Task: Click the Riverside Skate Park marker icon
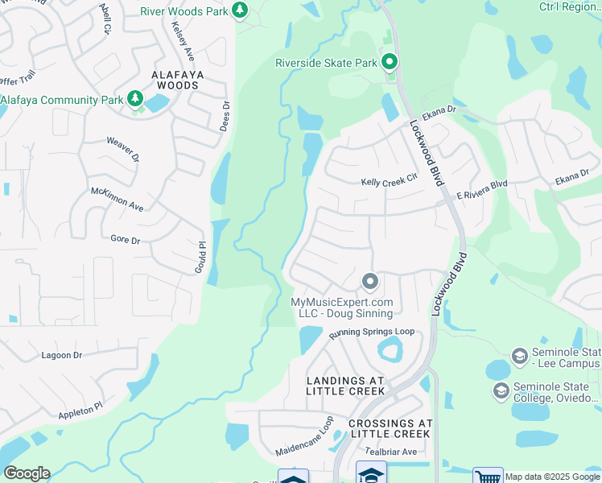(x=390, y=62)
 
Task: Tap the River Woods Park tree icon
(x=239, y=10)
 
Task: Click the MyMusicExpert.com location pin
(x=369, y=282)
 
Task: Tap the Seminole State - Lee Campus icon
(x=519, y=356)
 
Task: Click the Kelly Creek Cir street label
(x=390, y=182)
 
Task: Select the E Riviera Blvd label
(x=482, y=190)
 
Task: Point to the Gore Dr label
(x=125, y=239)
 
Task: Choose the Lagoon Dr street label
(x=61, y=355)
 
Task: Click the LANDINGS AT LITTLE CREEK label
(x=345, y=386)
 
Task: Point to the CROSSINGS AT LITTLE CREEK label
(x=390, y=428)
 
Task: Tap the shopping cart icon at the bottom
(x=488, y=477)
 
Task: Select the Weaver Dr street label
(x=123, y=148)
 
